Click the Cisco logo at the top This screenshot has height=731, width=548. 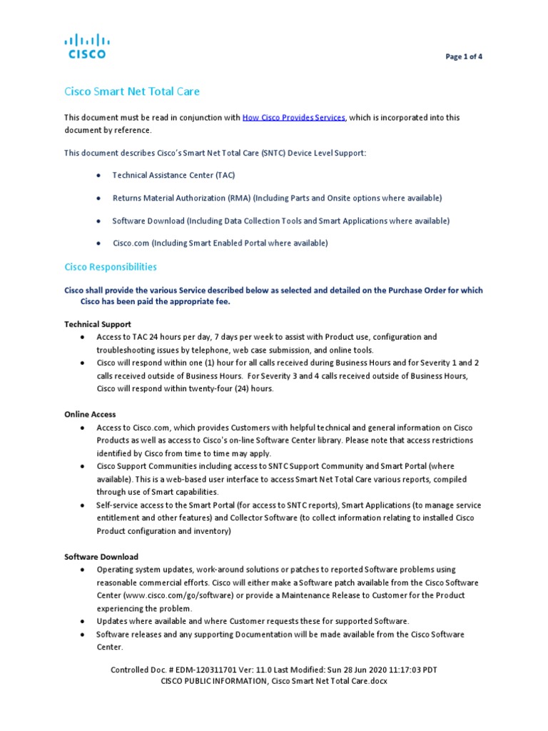pyautogui.click(x=86, y=46)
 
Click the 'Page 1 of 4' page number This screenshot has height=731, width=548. pyautogui.click(x=464, y=57)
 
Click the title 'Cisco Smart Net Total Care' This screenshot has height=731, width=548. pyautogui.click(x=132, y=91)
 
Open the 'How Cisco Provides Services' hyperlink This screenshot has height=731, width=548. pyautogui.click(x=294, y=117)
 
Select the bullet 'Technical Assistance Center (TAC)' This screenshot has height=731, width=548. pyautogui.click(x=173, y=175)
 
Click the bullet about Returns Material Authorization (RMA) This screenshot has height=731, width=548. pyautogui.click(x=277, y=198)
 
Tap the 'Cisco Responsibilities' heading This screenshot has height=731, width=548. pyautogui.click(x=111, y=267)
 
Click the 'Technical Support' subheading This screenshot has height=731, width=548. pyautogui.click(x=98, y=324)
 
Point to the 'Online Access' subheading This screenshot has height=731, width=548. pyautogui.click(x=90, y=414)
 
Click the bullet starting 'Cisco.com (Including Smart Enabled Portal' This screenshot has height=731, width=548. pyautogui.click(x=220, y=243)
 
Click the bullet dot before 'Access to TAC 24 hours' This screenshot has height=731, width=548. pyautogui.click(x=83, y=337)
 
